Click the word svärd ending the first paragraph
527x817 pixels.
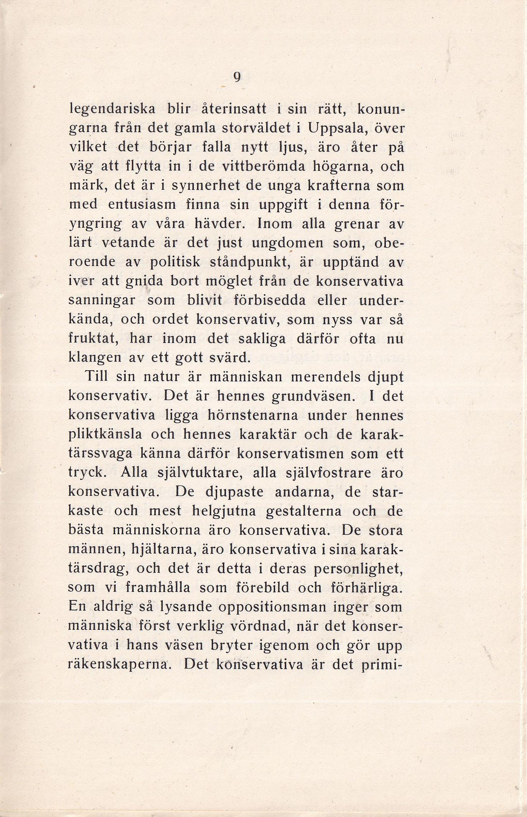click(229, 358)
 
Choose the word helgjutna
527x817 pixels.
click(224, 511)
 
